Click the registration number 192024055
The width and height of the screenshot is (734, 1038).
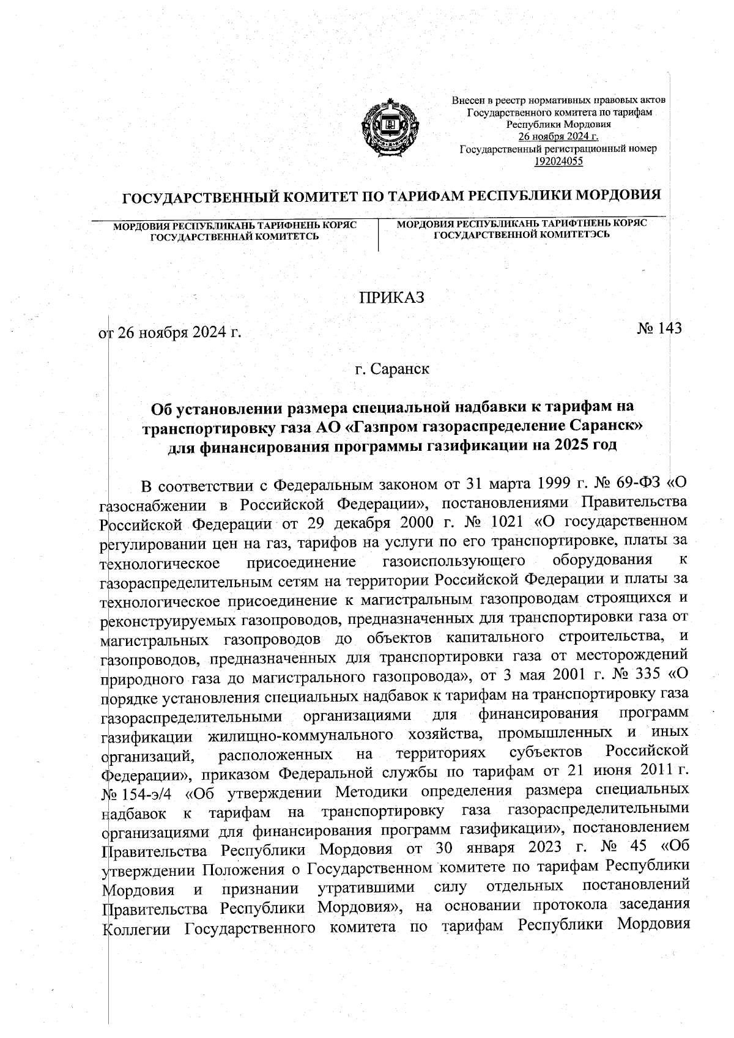click(x=558, y=161)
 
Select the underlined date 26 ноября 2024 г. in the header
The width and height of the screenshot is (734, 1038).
click(x=558, y=136)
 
